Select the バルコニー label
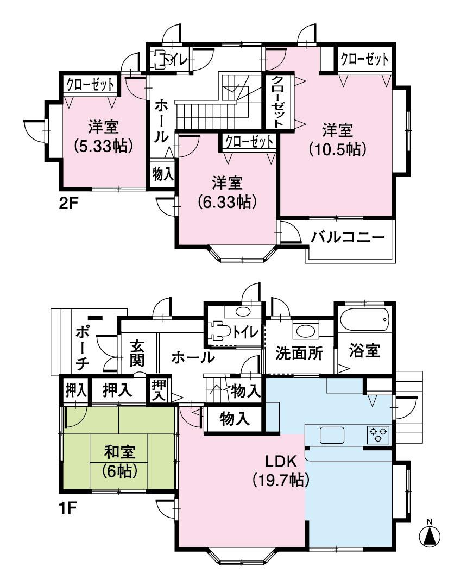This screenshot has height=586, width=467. coord(348,238)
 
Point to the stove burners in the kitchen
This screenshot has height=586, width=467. coord(378,434)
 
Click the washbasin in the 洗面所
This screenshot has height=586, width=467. coord(300,331)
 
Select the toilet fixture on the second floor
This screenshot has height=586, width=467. coord(159,60)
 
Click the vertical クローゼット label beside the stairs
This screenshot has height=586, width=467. coord(277,102)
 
